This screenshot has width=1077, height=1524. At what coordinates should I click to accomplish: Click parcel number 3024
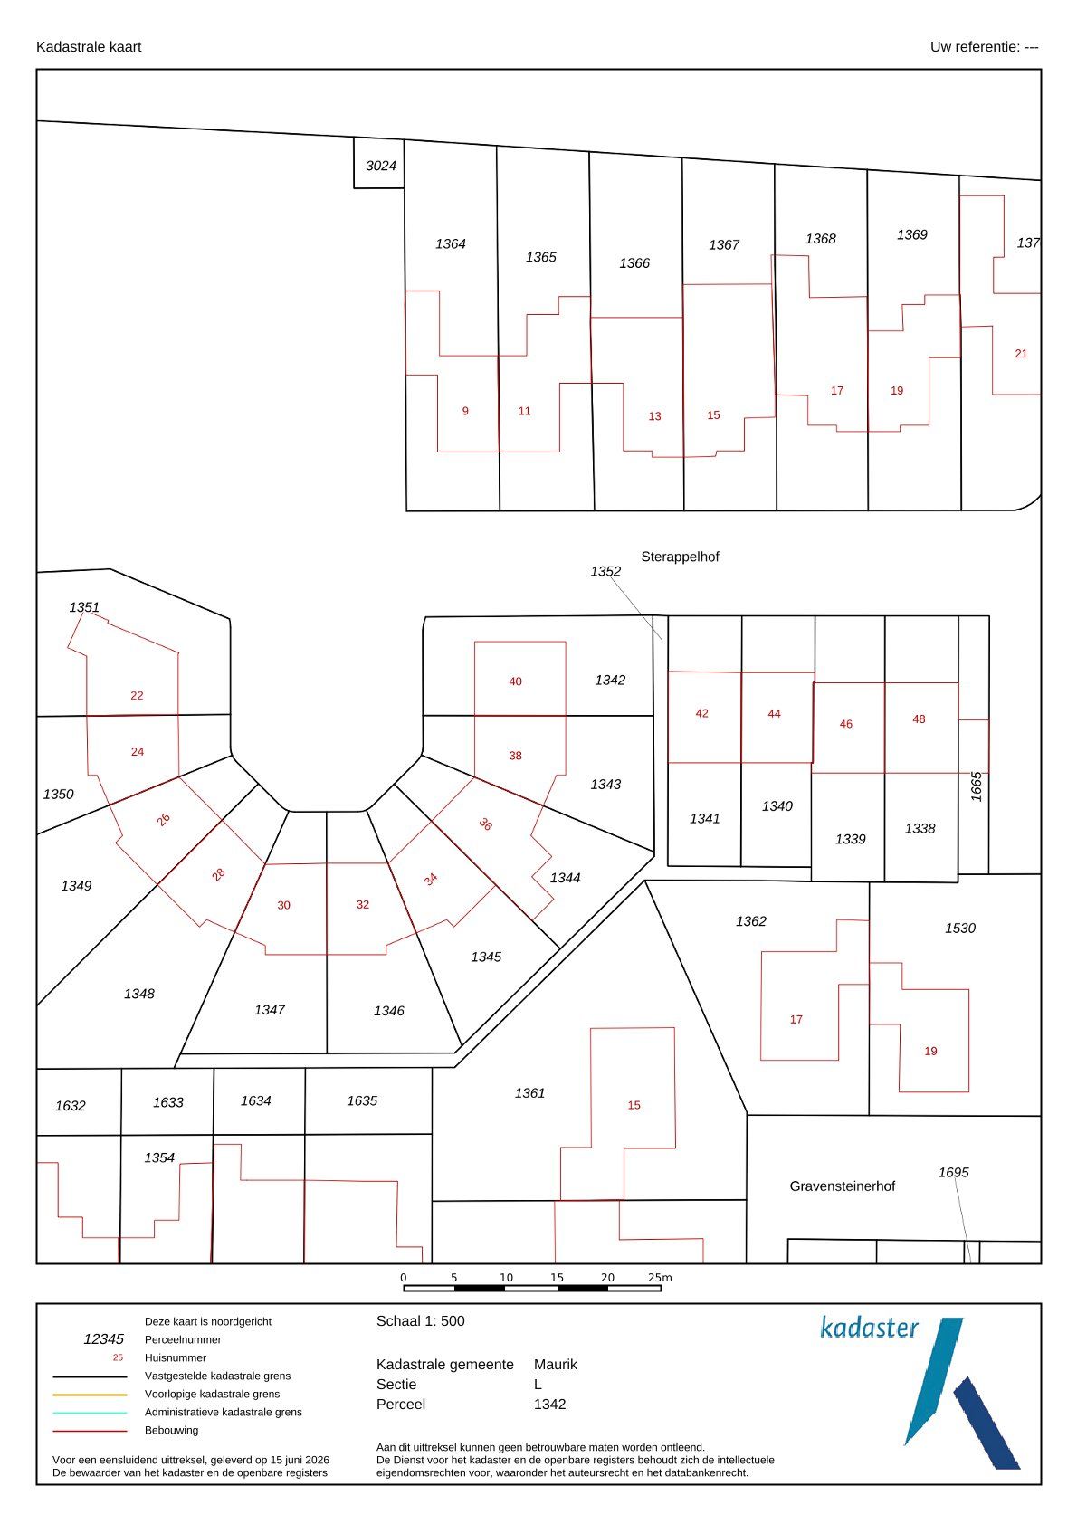pos(381,166)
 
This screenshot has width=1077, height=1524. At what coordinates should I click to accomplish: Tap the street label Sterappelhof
pos(680,557)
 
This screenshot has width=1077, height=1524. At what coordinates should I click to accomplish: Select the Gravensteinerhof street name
pos(843,1186)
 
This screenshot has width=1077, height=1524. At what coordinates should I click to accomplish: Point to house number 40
pos(515,681)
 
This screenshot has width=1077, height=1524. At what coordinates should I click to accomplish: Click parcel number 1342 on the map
pos(610,680)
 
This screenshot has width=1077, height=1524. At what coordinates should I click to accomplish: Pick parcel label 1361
pos(529,1092)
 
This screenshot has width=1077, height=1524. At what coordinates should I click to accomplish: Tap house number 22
pos(137,695)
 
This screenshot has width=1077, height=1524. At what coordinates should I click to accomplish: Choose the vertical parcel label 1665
pos(976,786)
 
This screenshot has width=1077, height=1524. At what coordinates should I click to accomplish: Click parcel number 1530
pos(960,928)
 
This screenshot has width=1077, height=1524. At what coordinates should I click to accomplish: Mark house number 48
pos(919,719)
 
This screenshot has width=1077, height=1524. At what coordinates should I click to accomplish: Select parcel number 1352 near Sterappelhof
pos(605,571)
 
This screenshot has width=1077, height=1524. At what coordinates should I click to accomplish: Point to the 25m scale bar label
pos(659,1278)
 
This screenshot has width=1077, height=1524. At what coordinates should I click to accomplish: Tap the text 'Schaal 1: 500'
pos(421,1321)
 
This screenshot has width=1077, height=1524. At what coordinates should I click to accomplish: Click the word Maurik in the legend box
pos(555,1365)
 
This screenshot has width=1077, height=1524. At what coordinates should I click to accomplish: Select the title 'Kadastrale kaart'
pos(89,47)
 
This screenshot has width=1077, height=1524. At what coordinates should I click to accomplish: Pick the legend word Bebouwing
pos(171,1430)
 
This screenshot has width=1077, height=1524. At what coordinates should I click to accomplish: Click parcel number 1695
pos(953,1172)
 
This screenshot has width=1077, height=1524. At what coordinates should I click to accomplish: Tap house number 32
pos(363,904)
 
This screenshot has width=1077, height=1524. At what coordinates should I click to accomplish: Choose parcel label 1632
pos(70,1106)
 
